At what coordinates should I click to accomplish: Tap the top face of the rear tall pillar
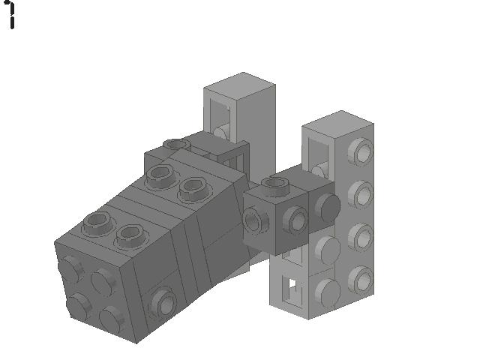[238, 84]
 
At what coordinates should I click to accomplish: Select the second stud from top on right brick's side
[363, 196]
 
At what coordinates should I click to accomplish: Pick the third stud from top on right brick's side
[363, 236]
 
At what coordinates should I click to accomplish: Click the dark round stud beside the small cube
[326, 205]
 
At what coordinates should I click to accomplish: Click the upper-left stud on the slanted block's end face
[71, 268]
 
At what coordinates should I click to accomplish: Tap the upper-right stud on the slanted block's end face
[103, 280]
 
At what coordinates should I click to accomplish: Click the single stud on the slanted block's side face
[162, 302]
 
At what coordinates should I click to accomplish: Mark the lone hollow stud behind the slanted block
[175, 144]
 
